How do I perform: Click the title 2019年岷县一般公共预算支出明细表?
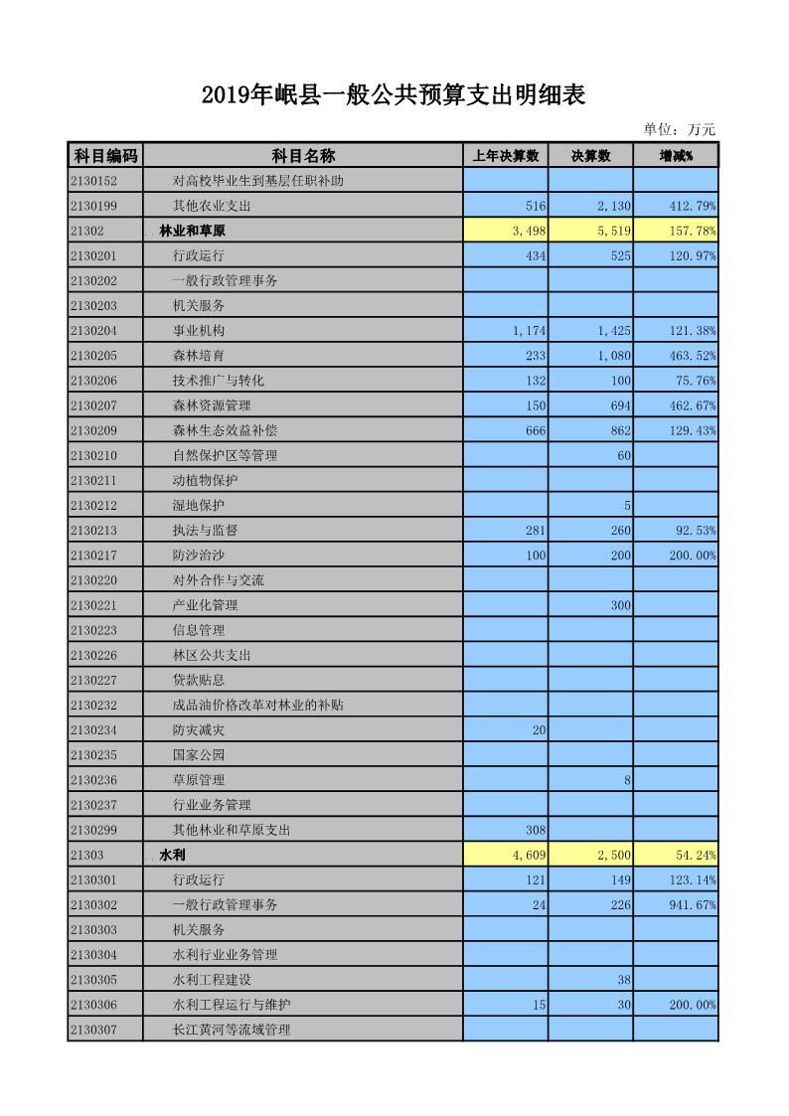(394, 95)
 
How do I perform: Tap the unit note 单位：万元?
(679, 129)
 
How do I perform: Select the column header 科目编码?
(104, 155)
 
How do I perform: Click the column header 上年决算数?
(505, 156)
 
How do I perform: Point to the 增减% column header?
(676, 156)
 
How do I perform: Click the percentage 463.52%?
(693, 355)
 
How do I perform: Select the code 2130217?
(93, 555)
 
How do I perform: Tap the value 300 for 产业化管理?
(620, 605)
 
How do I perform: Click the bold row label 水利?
(173, 855)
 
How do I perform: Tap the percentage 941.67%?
(693, 904)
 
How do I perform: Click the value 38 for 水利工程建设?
(624, 980)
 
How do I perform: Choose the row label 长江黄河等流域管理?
(232, 1030)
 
